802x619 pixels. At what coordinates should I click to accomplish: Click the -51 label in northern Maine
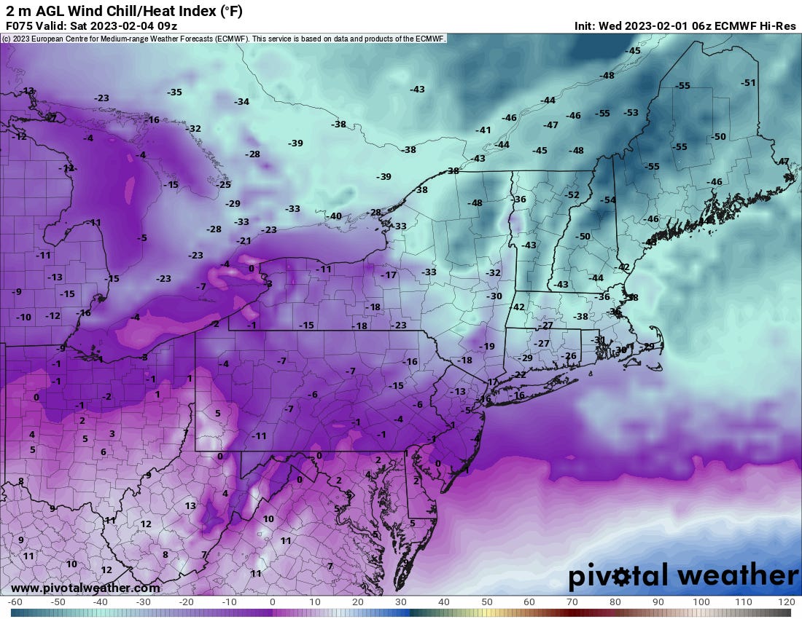tap(748, 83)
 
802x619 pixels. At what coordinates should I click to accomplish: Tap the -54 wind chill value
tap(607, 200)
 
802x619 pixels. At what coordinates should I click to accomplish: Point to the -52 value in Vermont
tap(572, 195)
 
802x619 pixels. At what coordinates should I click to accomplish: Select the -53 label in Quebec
tap(631, 113)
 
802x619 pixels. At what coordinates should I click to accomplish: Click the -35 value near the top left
tap(174, 92)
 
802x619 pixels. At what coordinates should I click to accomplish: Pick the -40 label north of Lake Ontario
tap(335, 216)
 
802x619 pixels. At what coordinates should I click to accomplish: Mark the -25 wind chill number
tap(224, 185)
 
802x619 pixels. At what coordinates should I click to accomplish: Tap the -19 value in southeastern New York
tap(487, 347)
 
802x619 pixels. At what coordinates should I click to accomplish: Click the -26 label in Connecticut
tap(569, 355)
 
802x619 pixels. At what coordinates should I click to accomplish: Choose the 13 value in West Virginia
tap(190, 505)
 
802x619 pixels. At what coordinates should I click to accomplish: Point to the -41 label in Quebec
tap(483, 130)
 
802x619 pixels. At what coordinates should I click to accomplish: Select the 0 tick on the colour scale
tap(272, 602)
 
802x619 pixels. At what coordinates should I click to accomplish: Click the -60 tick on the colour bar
tap(15, 602)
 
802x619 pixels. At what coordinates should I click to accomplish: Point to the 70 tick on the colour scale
tap(572, 602)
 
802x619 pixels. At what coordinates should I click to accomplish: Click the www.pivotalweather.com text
tap(85, 588)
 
